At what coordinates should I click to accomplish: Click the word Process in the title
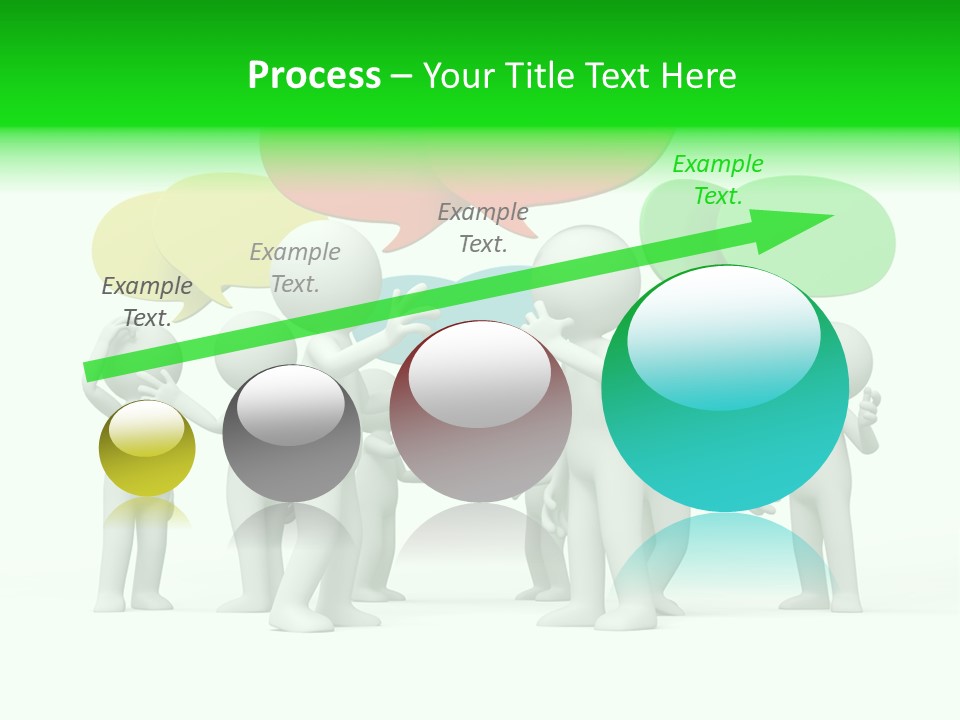[x=314, y=76]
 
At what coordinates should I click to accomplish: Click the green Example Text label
[x=718, y=180]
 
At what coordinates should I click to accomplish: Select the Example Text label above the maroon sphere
[x=483, y=227]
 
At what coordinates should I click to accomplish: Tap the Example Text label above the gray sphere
[x=295, y=268]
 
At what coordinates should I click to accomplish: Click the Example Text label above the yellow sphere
[x=147, y=301]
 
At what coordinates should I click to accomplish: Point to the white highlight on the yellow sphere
[x=146, y=428]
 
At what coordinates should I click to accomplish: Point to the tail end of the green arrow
[x=92, y=371]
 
